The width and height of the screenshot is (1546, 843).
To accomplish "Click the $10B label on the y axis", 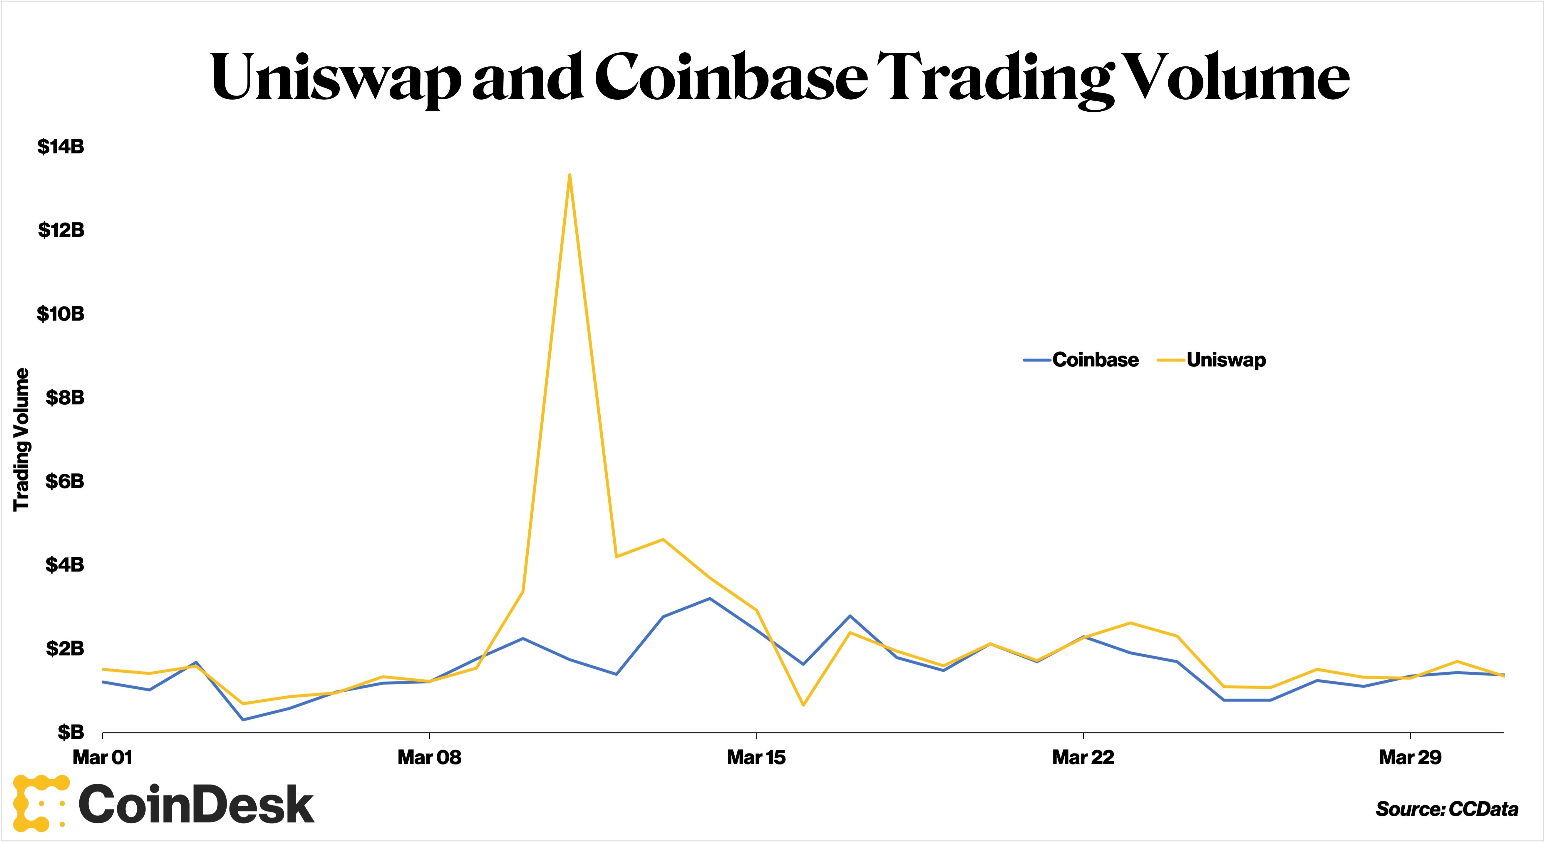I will coord(61,314).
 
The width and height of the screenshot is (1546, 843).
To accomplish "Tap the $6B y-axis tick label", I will coord(65,481).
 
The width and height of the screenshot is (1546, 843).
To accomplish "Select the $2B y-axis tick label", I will coord(65,648).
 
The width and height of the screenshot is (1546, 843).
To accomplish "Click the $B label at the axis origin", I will coord(71,732).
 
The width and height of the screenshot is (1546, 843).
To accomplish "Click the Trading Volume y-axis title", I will coord(22,440).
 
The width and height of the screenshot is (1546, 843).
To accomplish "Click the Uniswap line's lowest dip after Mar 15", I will coord(803,705).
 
